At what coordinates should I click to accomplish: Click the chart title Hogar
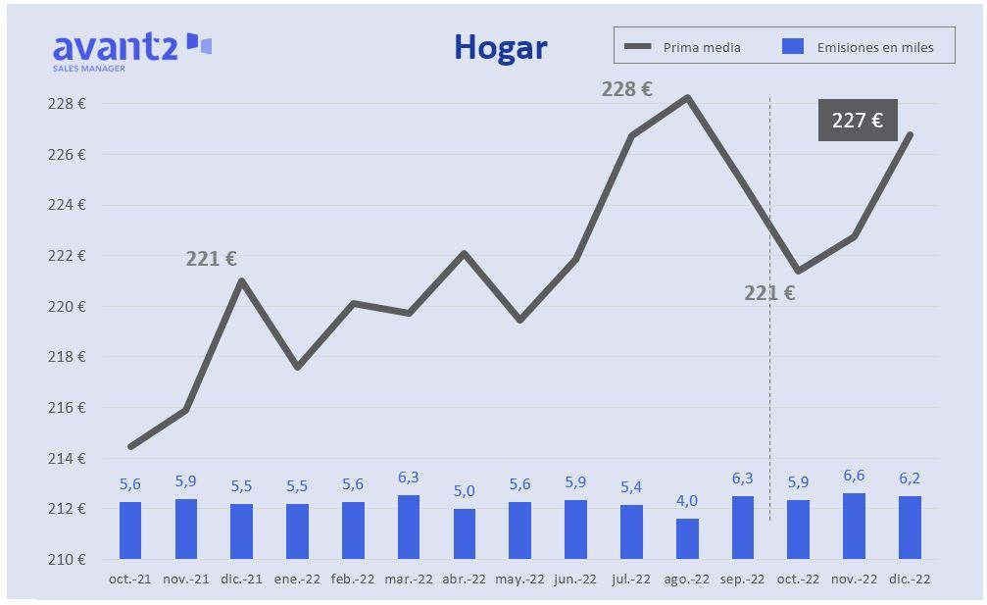(x=500, y=47)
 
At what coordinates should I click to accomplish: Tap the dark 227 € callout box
(x=857, y=120)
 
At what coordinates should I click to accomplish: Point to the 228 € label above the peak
(x=626, y=89)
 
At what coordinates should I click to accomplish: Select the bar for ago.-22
(x=687, y=538)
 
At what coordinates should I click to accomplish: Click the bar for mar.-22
(x=409, y=527)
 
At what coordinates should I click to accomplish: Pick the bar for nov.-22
(x=854, y=526)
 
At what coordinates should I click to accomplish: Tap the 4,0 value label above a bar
(x=686, y=500)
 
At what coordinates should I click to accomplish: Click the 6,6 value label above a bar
(x=854, y=476)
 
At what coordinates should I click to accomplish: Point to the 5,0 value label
(x=464, y=490)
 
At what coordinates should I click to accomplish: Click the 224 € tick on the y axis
(x=68, y=205)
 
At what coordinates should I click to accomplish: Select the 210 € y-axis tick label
(x=68, y=560)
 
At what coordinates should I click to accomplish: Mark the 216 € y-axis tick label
(x=68, y=408)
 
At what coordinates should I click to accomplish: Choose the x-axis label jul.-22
(x=631, y=580)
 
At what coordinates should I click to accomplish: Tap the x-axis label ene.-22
(x=297, y=580)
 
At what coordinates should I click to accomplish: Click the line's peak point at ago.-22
(x=687, y=97)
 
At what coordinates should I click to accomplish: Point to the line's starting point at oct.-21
(x=130, y=446)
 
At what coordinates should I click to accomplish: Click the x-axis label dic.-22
(x=910, y=580)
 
